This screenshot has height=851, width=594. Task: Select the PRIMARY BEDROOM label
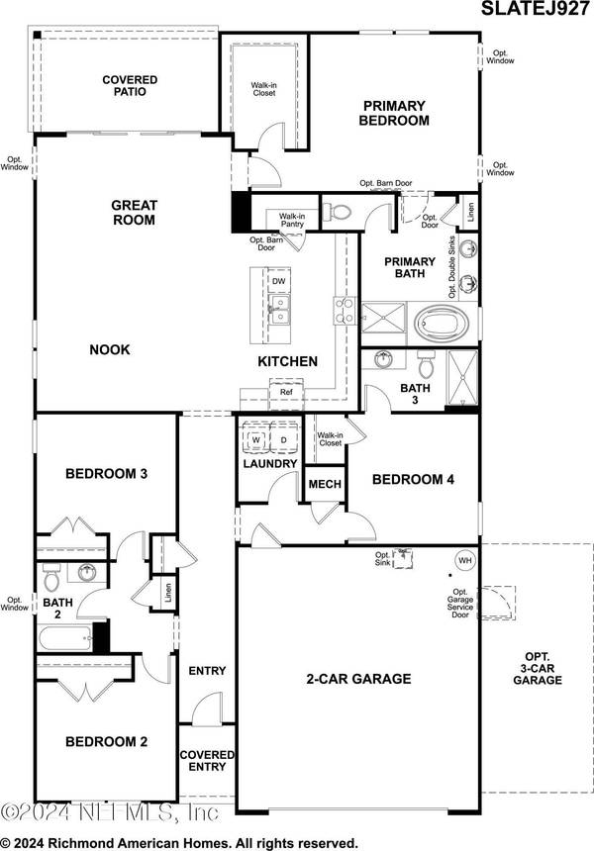[x=395, y=113]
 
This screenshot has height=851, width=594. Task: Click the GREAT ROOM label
[x=133, y=213]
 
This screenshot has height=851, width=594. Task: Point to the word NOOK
[x=110, y=349]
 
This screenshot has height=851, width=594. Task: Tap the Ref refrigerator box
[x=286, y=393]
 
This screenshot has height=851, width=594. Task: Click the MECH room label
[x=325, y=485]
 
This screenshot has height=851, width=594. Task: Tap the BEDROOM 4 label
[x=413, y=480]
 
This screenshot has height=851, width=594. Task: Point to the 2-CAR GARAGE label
[x=357, y=679]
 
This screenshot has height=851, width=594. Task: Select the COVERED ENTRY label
[x=207, y=761]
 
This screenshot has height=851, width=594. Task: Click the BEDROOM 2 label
[x=106, y=741]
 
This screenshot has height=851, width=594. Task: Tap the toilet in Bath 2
[x=52, y=573]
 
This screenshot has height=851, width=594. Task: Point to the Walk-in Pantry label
[x=291, y=221]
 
